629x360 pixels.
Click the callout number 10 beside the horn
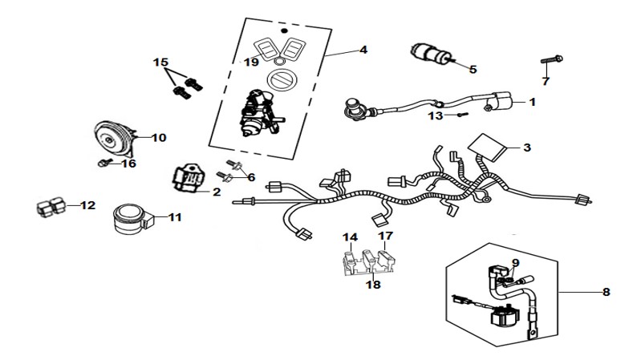(x=158, y=138)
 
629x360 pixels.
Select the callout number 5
(x=473, y=70)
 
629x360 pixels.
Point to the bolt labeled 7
(x=550, y=60)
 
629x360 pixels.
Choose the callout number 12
(x=87, y=206)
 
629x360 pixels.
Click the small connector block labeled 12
(x=50, y=206)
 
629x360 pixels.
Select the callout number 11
(x=175, y=216)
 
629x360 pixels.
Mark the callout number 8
(x=606, y=293)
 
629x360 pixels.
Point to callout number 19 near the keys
(x=251, y=62)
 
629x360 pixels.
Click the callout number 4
(x=363, y=50)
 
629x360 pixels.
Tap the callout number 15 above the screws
(x=161, y=62)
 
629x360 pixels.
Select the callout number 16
(x=128, y=164)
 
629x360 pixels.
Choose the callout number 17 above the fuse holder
(x=386, y=237)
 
